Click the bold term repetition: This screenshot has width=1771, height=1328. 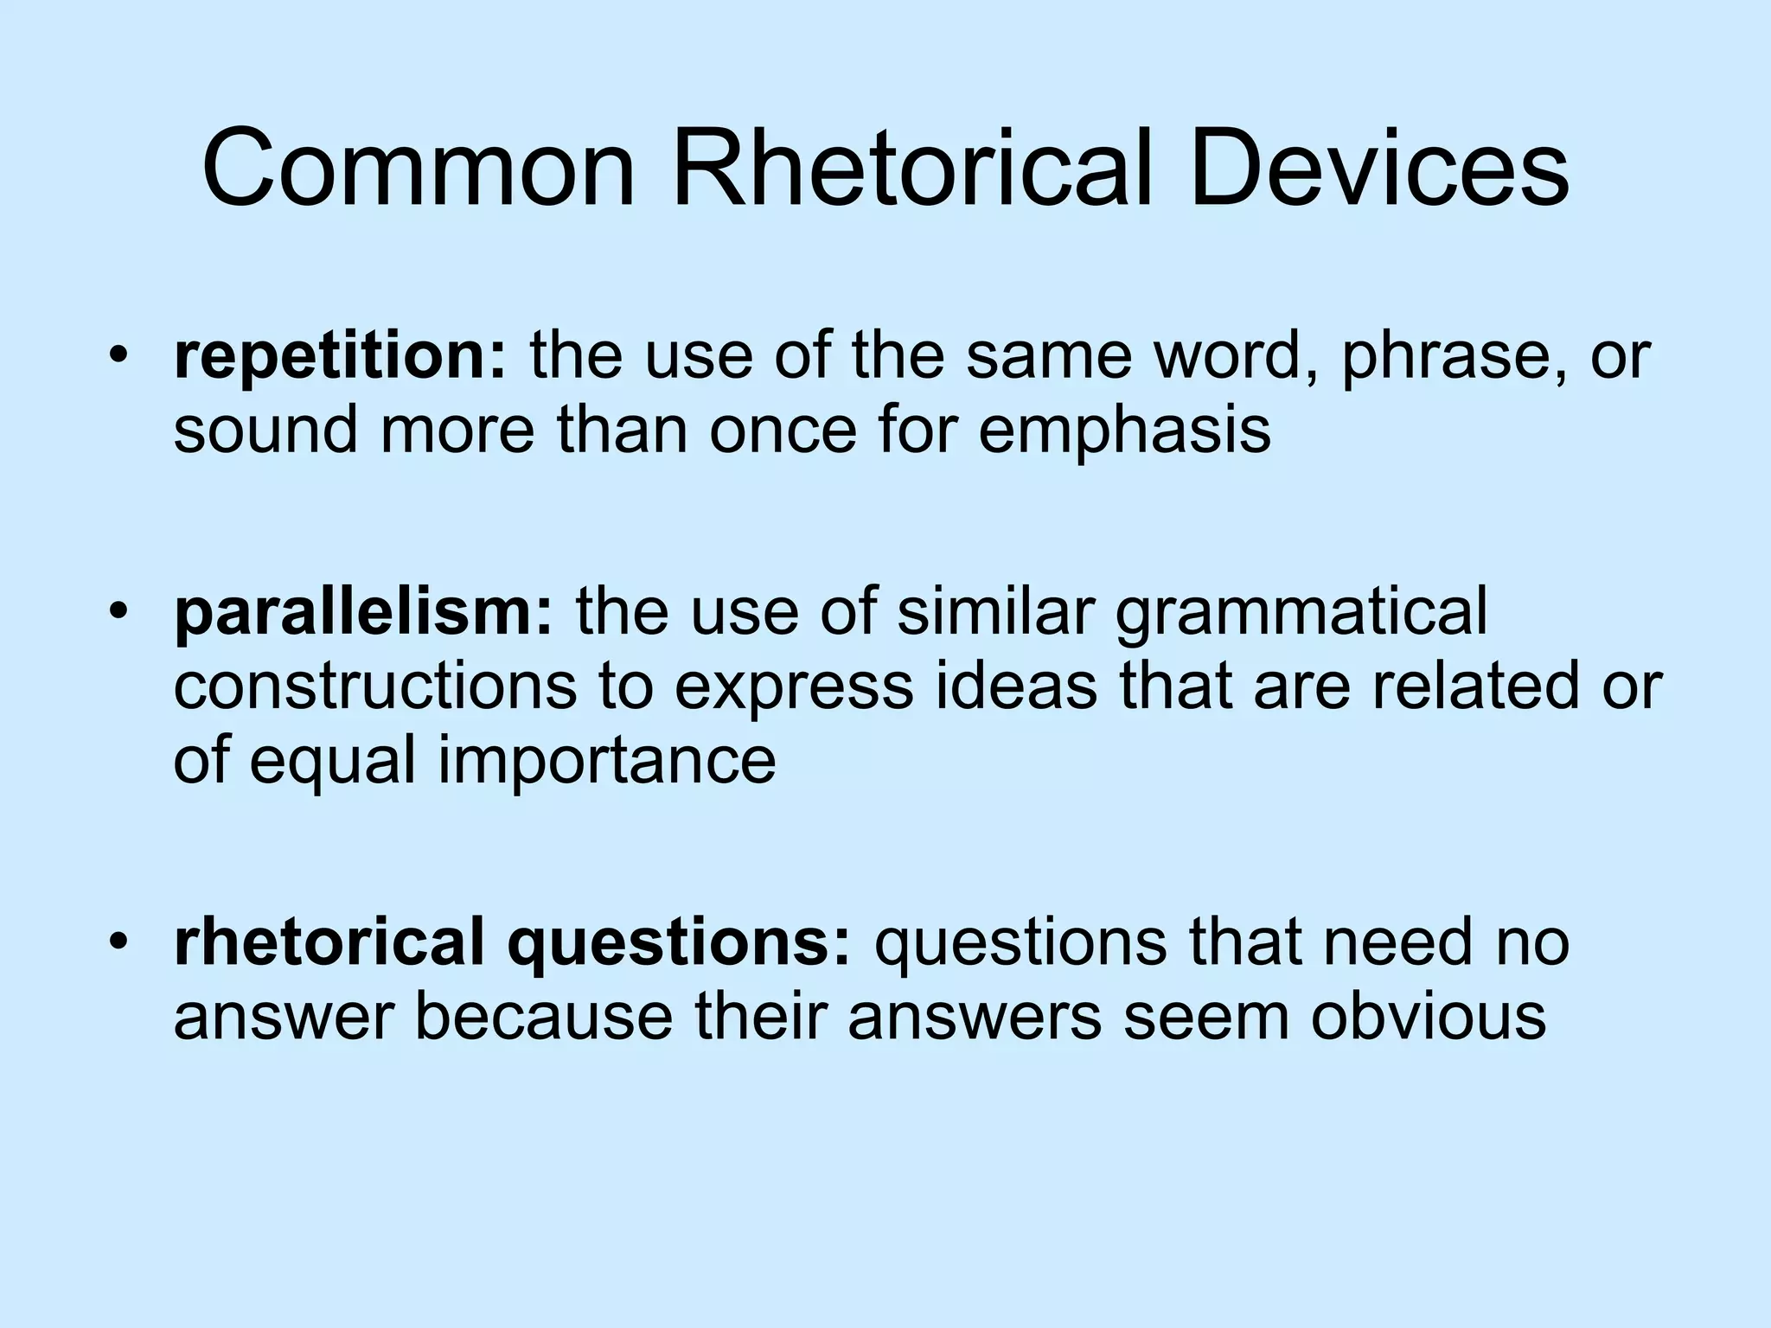[x=340, y=358]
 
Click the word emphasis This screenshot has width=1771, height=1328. [x=1124, y=430]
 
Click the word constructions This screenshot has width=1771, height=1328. [x=375, y=686]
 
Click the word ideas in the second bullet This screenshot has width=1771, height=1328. [x=1016, y=686]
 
